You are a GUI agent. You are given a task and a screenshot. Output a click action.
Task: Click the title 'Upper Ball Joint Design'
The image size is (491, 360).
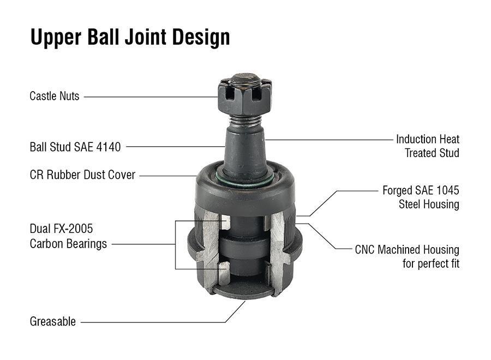(x=130, y=37)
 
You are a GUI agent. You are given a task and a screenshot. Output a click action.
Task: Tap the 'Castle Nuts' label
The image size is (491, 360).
(x=54, y=97)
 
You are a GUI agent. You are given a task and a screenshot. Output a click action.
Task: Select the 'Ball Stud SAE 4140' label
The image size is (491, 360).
(x=75, y=147)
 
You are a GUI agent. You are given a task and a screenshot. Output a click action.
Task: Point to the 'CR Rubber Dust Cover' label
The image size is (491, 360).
(x=82, y=176)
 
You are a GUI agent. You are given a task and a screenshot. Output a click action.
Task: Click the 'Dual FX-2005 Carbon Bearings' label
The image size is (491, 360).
(x=68, y=236)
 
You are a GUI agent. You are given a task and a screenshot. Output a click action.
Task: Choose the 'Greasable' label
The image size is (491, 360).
(x=52, y=322)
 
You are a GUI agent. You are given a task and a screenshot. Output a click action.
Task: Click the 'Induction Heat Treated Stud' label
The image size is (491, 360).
(x=428, y=146)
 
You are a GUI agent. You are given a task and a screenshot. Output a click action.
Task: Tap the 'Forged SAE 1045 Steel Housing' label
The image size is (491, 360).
(x=421, y=197)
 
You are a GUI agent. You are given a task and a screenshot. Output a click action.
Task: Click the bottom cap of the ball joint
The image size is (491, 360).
(x=243, y=292)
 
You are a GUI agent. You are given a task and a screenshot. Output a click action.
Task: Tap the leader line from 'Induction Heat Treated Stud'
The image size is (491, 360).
(x=327, y=140)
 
